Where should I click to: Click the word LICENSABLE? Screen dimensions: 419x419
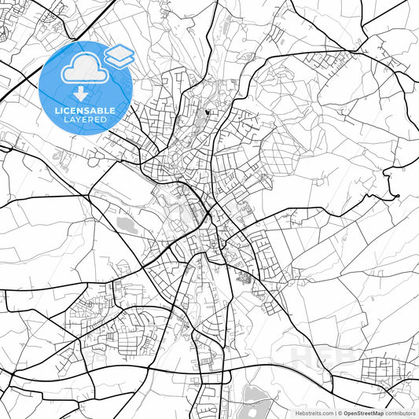85,111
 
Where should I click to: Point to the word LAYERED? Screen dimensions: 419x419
85,120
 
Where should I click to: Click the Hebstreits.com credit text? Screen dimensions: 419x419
313,413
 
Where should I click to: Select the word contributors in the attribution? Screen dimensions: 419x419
400,413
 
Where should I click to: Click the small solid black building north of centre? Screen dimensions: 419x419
207,112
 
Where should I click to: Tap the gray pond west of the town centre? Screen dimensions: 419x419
126,225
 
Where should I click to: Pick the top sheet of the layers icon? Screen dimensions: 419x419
119,51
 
